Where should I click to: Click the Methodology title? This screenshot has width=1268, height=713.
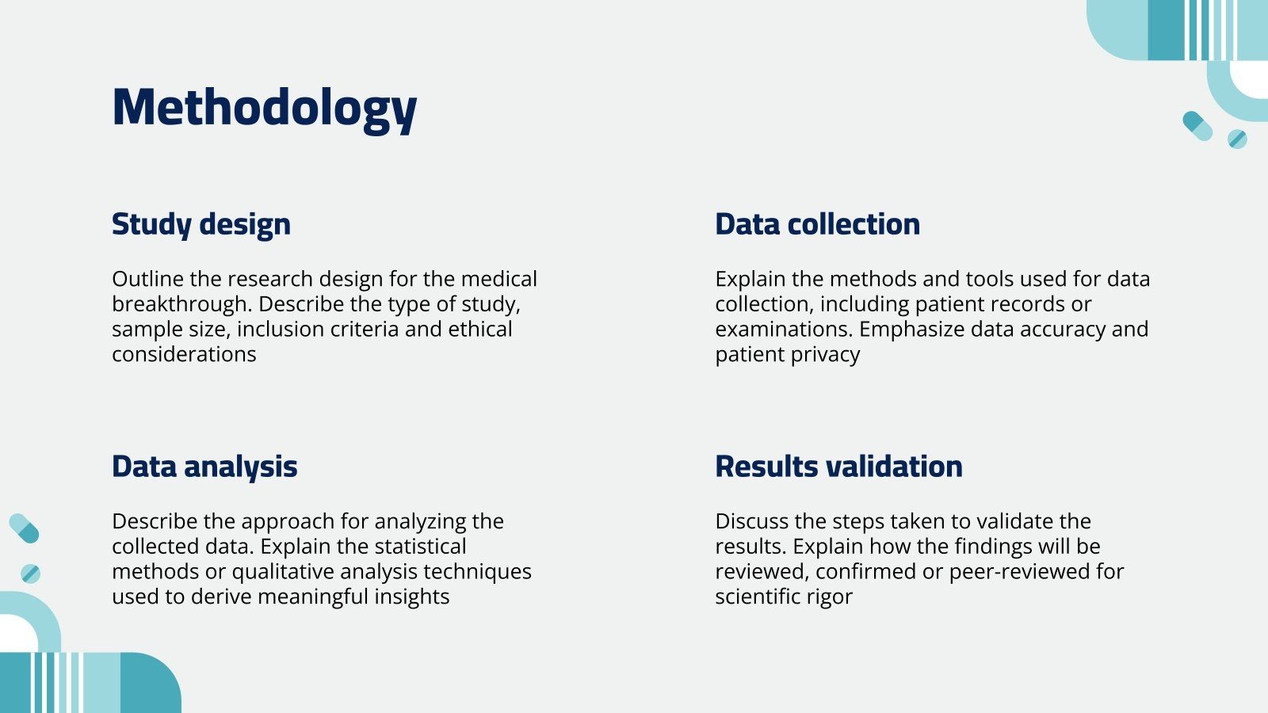[265, 109]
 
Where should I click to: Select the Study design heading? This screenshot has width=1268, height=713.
[201, 224]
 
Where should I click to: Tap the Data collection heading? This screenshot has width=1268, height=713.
[817, 224]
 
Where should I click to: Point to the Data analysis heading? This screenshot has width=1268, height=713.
[204, 467]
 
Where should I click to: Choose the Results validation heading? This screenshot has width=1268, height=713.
[839, 467]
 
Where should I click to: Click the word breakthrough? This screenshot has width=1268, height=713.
[181, 304]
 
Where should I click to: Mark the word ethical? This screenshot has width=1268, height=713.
[480, 330]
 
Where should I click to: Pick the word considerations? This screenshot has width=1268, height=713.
[184, 355]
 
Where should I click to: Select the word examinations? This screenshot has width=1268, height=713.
[784, 330]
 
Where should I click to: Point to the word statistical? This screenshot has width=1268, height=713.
[420, 547]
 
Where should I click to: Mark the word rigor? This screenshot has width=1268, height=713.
[832, 597]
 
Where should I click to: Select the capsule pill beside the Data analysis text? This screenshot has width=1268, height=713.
[25, 528]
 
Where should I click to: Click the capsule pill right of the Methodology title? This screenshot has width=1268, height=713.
[1197, 126]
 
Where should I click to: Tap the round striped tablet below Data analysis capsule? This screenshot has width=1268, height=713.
[31, 574]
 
